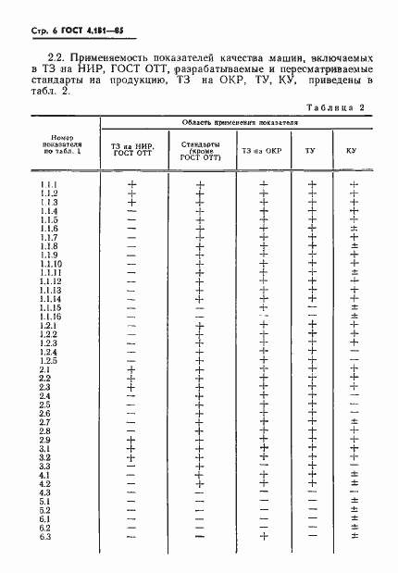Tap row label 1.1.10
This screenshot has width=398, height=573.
(51, 264)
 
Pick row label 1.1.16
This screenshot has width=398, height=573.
(51, 317)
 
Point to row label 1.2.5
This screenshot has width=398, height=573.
(49, 361)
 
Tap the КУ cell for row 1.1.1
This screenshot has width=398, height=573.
(354, 184)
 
